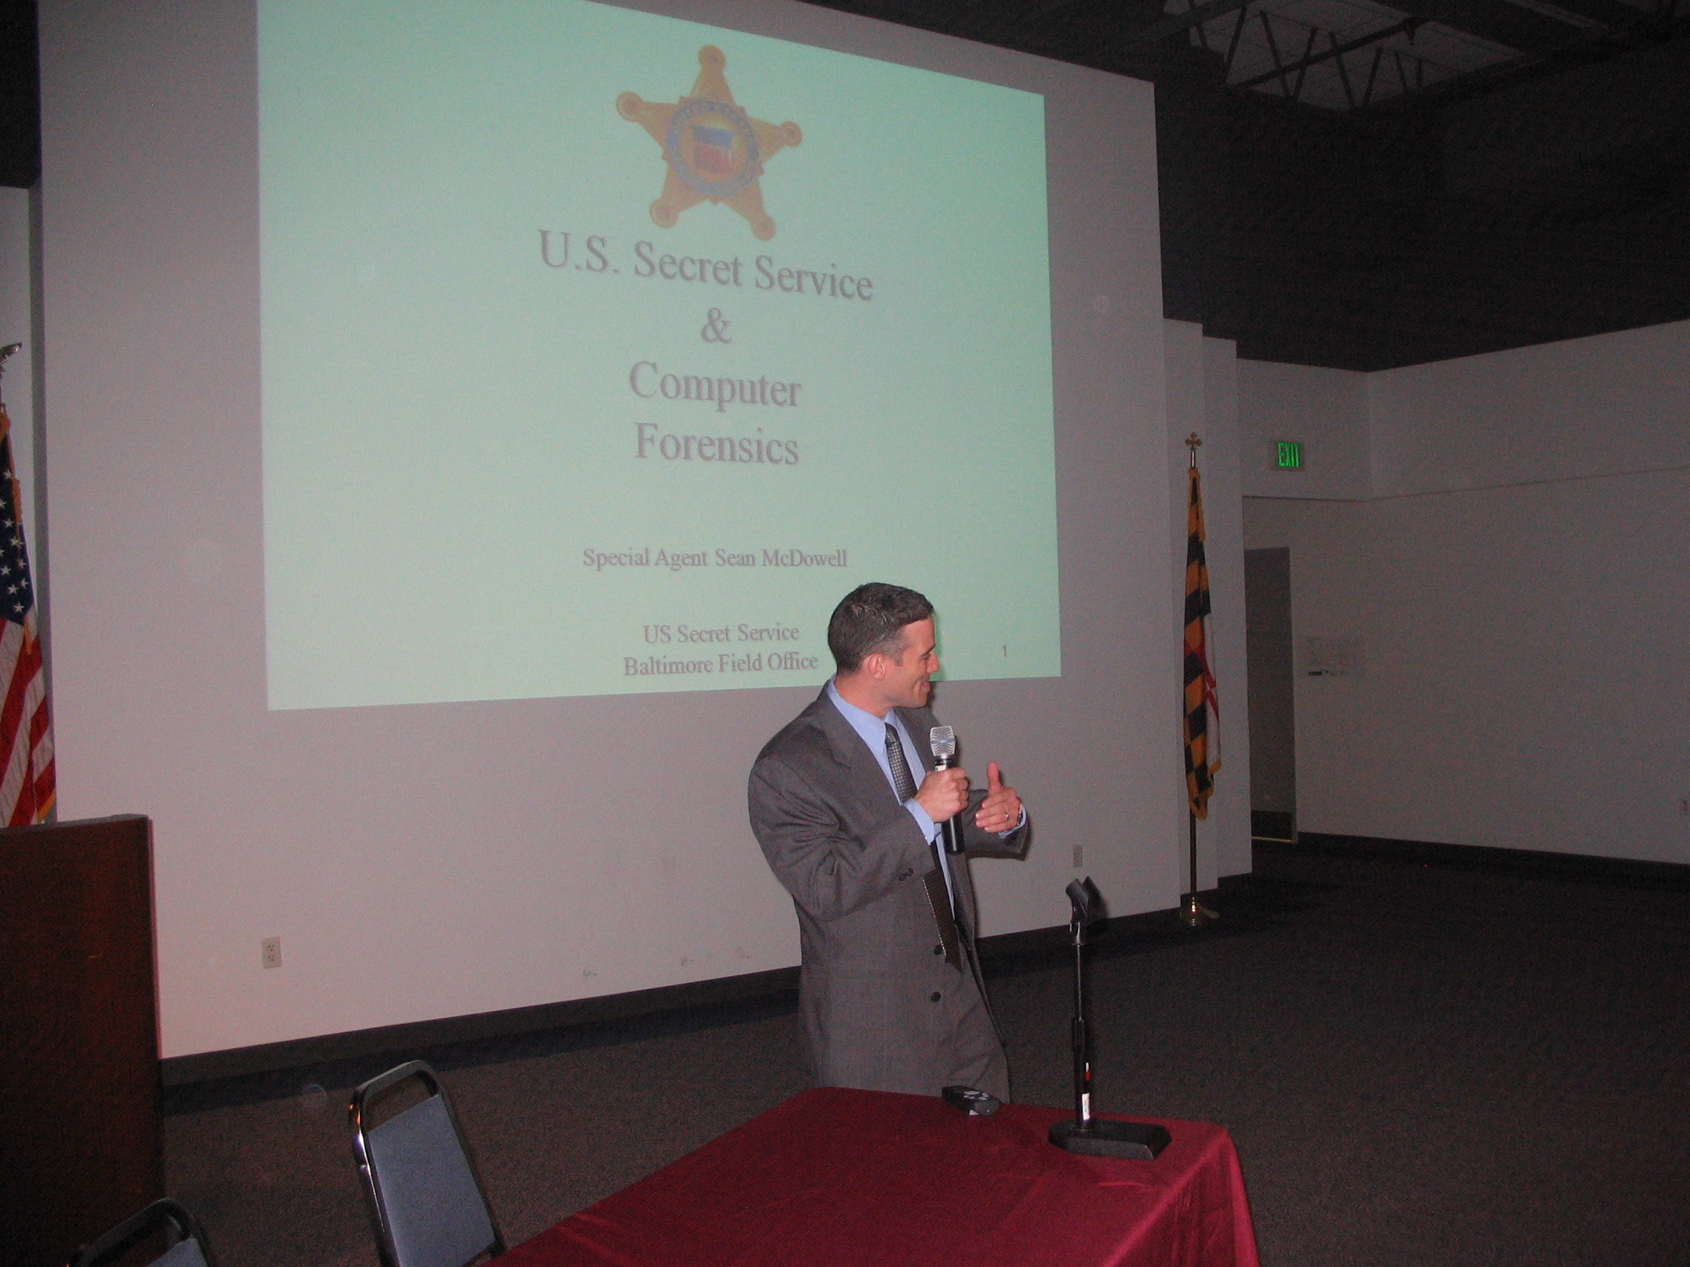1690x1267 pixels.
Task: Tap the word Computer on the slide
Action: [714, 387]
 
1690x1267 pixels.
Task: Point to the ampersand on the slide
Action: [715, 328]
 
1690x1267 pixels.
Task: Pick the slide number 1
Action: [1004, 651]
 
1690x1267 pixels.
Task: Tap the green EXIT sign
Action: [1289, 455]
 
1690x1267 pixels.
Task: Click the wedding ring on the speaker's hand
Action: [1007, 816]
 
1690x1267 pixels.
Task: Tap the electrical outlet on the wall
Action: [272, 952]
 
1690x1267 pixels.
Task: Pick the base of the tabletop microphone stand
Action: [1108, 1140]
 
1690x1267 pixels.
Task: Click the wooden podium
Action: [77, 1016]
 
